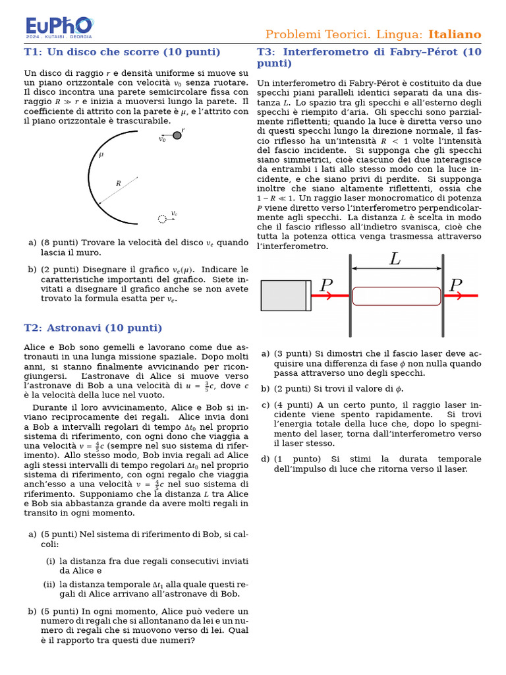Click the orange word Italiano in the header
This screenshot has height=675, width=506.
(x=455, y=34)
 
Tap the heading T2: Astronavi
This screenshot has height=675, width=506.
(x=93, y=328)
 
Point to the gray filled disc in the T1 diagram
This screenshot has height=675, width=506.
(x=177, y=135)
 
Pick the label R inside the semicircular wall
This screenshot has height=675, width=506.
(x=118, y=183)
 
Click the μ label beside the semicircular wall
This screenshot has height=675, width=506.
(x=101, y=156)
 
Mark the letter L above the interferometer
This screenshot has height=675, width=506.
(x=395, y=260)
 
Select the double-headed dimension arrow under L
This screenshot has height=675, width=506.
(x=397, y=268)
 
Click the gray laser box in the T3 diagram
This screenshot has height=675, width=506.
(x=285, y=295)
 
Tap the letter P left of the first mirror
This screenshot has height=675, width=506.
(x=326, y=285)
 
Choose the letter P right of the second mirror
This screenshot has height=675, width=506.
(x=455, y=285)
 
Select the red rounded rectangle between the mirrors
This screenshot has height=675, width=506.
(x=397, y=296)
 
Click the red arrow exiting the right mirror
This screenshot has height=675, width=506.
(x=461, y=296)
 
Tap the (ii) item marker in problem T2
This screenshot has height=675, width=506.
(x=49, y=585)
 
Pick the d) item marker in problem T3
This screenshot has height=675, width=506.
(x=265, y=459)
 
